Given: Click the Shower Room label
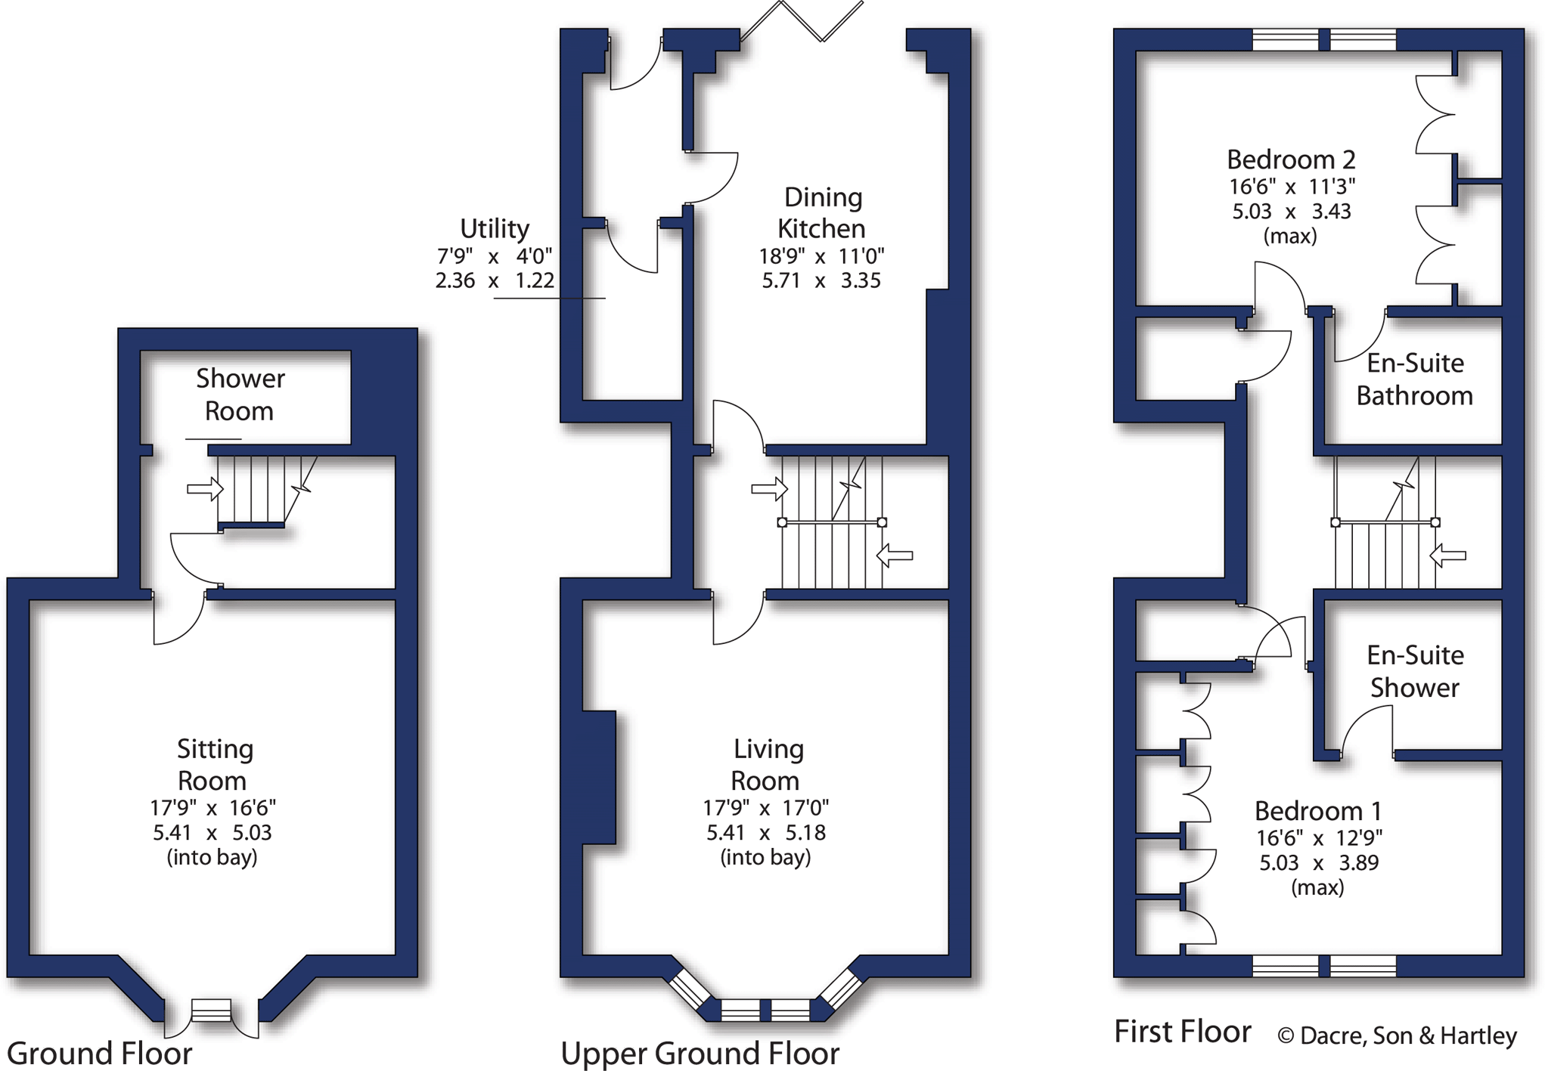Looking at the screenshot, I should coord(240,395).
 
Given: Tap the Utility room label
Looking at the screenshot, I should coord(495,228).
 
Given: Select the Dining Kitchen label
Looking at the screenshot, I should coord(822,212).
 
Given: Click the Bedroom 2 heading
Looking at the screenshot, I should coord(1290,159).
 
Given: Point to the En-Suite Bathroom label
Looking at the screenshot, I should coord(1414,379).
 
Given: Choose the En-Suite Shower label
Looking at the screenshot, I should coord(1414,671).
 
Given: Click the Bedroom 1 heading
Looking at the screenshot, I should coord(1317,811).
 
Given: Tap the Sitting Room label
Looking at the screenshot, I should coord(213,764).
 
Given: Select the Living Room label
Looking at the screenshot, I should coord(767,764).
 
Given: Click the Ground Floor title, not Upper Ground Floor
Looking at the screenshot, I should coord(99,1053).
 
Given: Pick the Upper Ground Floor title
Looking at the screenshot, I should coord(700,1053).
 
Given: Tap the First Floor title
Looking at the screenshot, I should coord(1182,1032).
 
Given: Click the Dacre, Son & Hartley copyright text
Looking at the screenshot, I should coord(1397,1035).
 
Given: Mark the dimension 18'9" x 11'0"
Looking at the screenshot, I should coord(821,256).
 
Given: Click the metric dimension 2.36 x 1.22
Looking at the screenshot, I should coord(495,280).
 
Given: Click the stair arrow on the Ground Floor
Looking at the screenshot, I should coord(205,489).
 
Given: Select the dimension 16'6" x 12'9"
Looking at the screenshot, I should coord(1319,838).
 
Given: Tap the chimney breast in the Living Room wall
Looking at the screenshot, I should coord(599,777).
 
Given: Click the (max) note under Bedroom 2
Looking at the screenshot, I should coord(1290,236).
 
